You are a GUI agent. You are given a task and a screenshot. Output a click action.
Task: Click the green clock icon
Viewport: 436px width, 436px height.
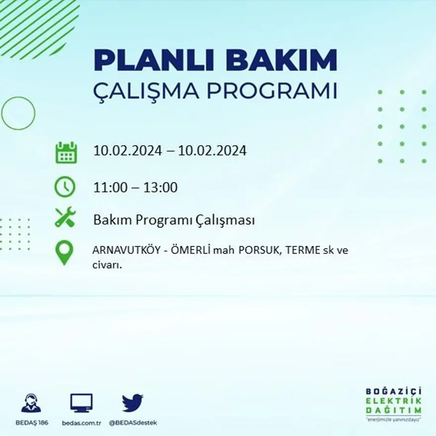tap(65, 187)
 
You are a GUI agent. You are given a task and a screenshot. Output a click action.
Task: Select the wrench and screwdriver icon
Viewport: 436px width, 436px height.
tap(65, 217)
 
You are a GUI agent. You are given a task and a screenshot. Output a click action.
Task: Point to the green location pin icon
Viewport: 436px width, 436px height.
tap(64, 252)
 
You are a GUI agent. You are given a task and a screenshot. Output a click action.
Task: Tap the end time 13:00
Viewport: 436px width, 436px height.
tap(161, 188)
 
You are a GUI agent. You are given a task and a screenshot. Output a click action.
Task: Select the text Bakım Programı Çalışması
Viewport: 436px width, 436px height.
tap(174, 220)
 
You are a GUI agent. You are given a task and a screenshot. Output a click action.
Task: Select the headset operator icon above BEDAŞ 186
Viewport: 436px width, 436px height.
tap(31, 403)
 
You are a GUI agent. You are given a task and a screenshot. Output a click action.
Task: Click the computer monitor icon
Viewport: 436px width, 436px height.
tap(81, 403)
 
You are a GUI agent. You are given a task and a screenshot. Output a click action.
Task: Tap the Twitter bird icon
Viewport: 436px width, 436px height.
tap(132, 403)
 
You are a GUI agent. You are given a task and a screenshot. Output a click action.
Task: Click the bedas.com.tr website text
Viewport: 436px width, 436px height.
tap(82, 423)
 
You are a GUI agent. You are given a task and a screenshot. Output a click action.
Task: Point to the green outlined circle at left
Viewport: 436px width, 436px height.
tap(18, 113)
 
